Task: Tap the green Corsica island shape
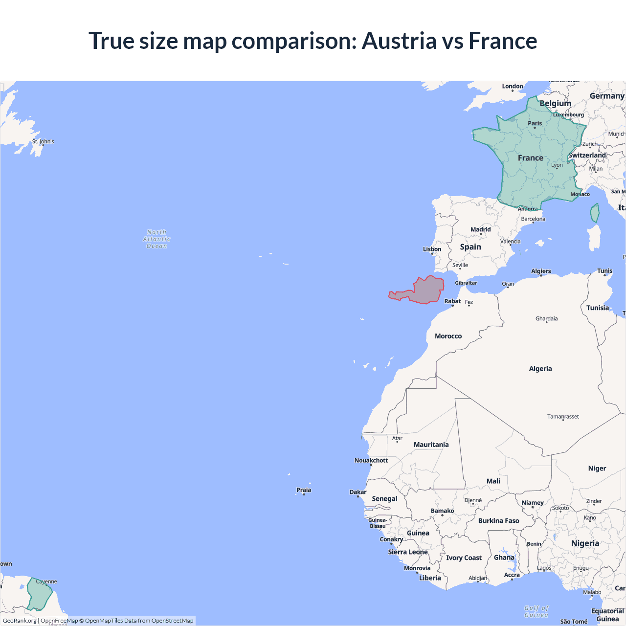(x=595, y=213)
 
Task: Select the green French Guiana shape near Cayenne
(x=39, y=594)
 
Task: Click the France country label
(x=530, y=158)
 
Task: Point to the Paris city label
(x=535, y=123)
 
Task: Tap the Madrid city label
(x=480, y=229)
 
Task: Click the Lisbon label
(x=432, y=249)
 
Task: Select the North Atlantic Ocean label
(x=156, y=239)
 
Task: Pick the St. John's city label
(x=43, y=141)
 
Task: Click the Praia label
(x=303, y=490)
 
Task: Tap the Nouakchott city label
(x=371, y=460)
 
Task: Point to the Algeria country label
(x=540, y=369)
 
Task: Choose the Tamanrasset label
(x=562, y=417)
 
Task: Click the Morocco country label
(x=448, y=336)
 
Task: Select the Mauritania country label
(x=431, y=445)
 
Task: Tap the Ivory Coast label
(x=464, y=558)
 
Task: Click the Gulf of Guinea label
(x=536, y=611)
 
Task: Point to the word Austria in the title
(x=399, y=41)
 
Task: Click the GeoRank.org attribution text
(x=20, y=621)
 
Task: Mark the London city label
(x=512, y=86)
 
